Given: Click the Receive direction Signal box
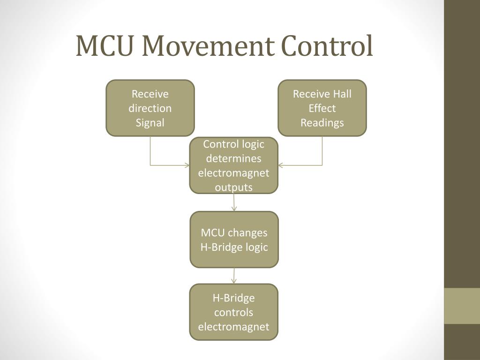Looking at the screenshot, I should click(x=150, y=108).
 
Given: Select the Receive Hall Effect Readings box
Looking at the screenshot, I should click(x=322, y=108).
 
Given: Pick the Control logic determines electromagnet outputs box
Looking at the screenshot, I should click(x=233, y=165).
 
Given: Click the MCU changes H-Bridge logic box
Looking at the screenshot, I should click(x=234, y=240).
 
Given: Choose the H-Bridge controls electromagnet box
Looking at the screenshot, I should click(x=233, y=312).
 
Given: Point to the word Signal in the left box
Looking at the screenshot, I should click(x=150, y=123).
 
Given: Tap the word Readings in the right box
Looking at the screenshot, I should click(x=322, y=123).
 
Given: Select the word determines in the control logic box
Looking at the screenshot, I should click(x=233, y=158).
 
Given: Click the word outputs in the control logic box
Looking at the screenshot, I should click(x=233, y=187).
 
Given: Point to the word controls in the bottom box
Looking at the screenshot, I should click(x=233, y=312).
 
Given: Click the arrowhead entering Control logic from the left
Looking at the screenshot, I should click(x=187, y=165).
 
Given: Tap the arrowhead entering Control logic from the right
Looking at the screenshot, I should click(x=281, y=165).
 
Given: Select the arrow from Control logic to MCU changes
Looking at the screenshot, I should click(x=234, y=202).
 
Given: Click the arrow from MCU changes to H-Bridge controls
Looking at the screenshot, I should click(x=234, y=276).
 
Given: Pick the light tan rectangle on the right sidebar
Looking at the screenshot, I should click(x=462, y=306).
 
